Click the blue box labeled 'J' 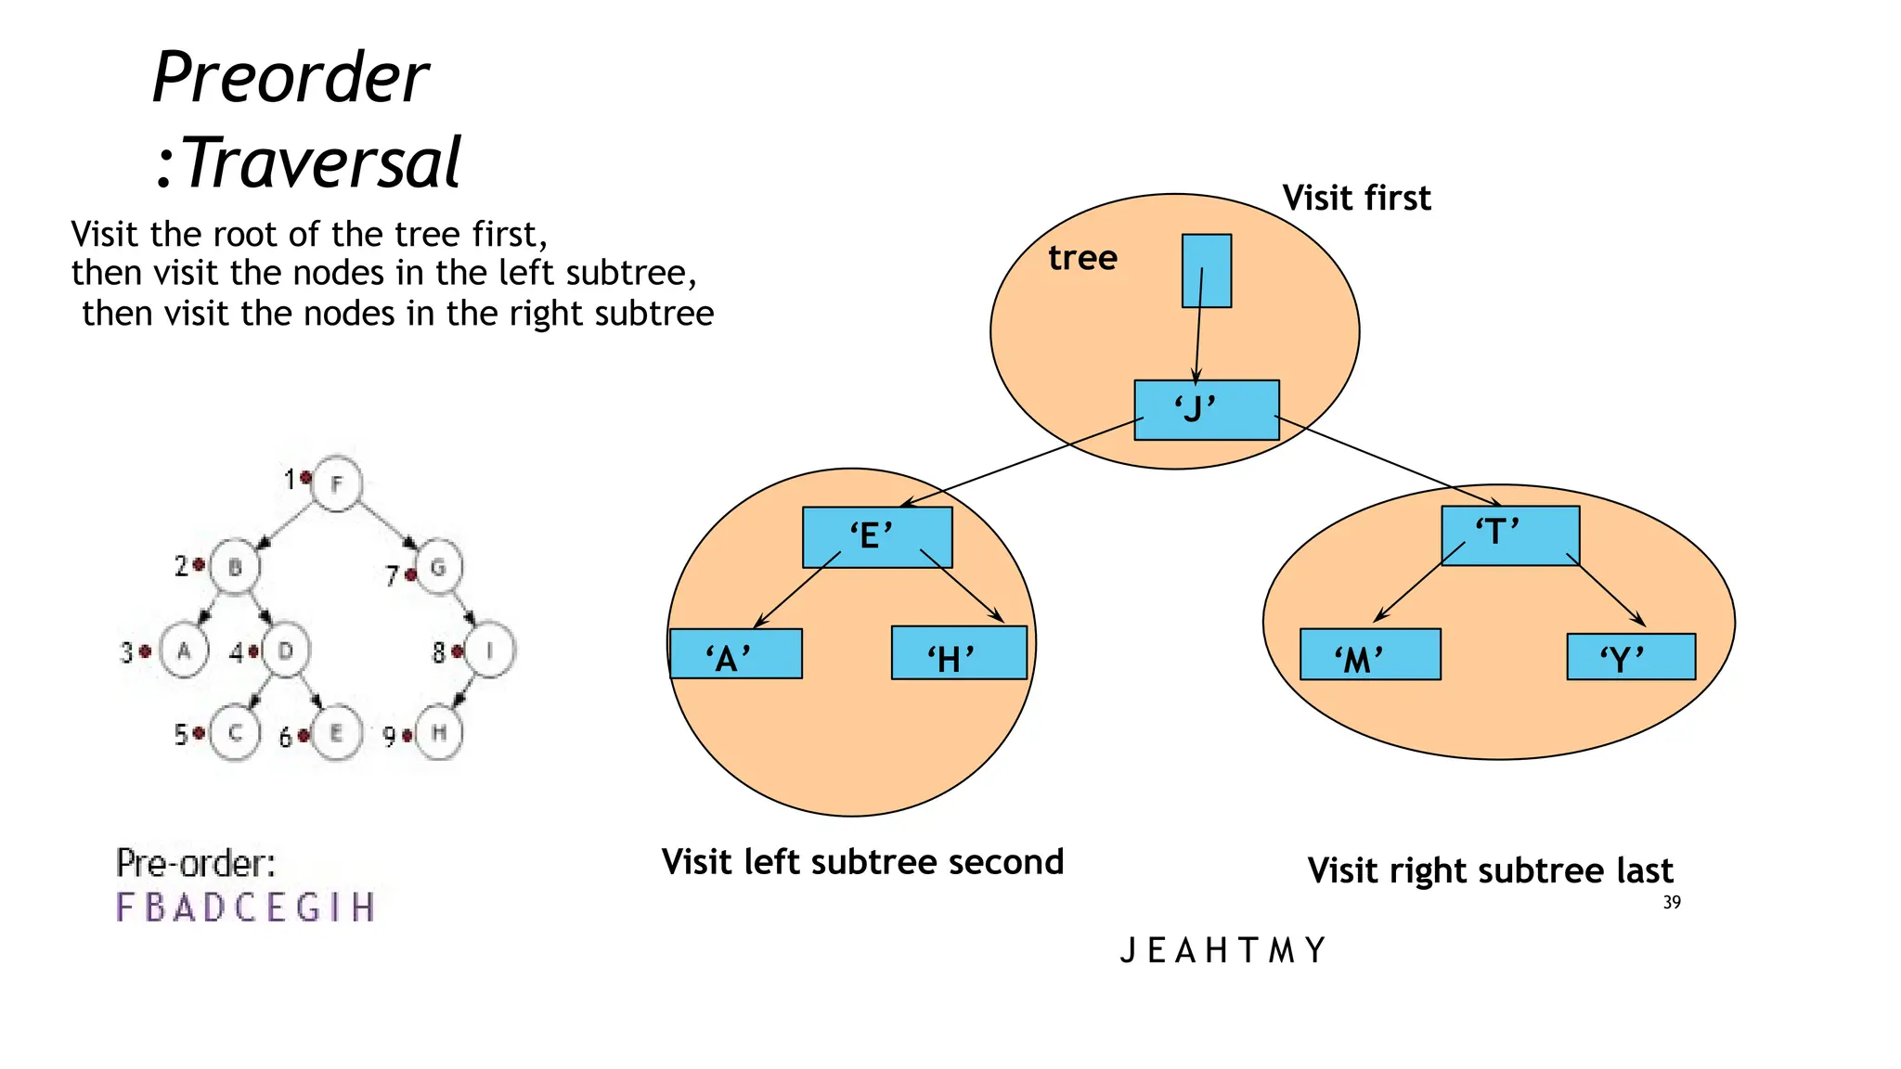click(x=1207, y=409)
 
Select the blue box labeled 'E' click(x=876, y=536)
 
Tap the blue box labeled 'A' click(x=735, y=653)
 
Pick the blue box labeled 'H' click(x=958, y=652)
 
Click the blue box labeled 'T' click(x=1509, y=534)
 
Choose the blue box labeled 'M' click(x=1369, y=654)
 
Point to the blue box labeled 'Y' click(x=1630, y=657)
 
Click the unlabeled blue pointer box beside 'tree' click(x=1206, y=270)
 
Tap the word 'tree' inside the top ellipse click(x=1082, y=257)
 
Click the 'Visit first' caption click(x=1356, y=198)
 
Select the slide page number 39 click(x=1671, y=902)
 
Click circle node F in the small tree click(x=336, y=483)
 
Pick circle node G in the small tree click(x=438, y=567)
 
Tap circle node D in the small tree click(x=286, y=650)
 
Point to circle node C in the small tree click(x=235, y=733)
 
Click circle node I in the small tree click(x=489, y=650)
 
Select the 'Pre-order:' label click(x=196, y=864)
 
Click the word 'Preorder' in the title click(x=291, y=77)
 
